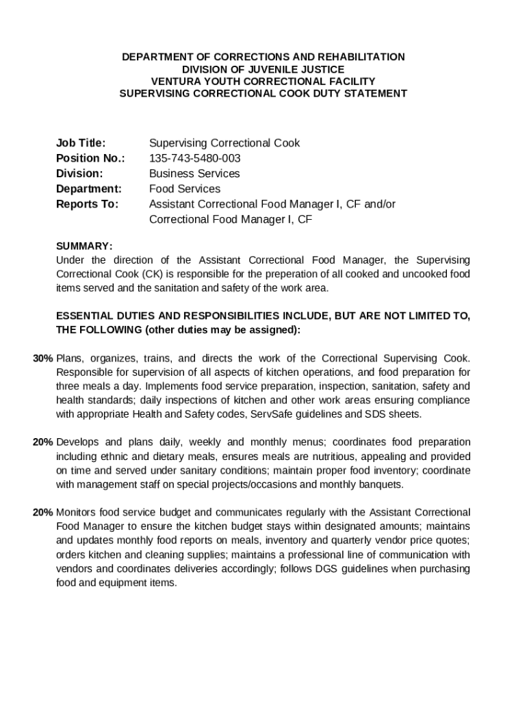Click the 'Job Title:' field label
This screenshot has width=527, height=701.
coord(81,143)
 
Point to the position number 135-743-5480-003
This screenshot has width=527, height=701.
coord(195,158)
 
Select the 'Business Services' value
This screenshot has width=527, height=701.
coord(194,173)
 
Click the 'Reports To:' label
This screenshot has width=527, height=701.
coord(87,204)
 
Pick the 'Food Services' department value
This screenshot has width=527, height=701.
coord(185,188)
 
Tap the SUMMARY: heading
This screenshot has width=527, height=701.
coord(83,246)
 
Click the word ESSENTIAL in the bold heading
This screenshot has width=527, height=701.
coord(84,316)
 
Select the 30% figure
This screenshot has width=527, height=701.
coord(43,358)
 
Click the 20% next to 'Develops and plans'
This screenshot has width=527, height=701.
coord(43,442)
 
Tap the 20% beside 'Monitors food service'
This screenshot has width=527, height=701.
coord(43,512)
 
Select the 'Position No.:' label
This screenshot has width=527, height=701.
coord(90,158)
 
